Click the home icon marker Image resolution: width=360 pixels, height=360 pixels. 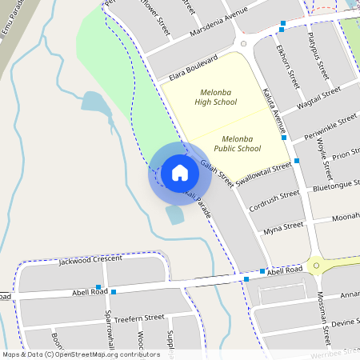pos(180,172)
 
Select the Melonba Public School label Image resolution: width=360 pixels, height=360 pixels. pos(238,143)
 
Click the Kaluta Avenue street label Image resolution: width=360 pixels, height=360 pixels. pos(274,110)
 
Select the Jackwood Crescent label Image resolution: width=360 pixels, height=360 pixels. pos(90,259)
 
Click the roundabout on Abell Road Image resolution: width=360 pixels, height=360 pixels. pos(317,265)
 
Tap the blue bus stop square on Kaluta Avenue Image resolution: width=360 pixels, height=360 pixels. pos(296,161)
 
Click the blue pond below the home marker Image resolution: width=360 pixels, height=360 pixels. pos(174,214)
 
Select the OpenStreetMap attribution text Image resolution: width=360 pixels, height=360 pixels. pos(80,354)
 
